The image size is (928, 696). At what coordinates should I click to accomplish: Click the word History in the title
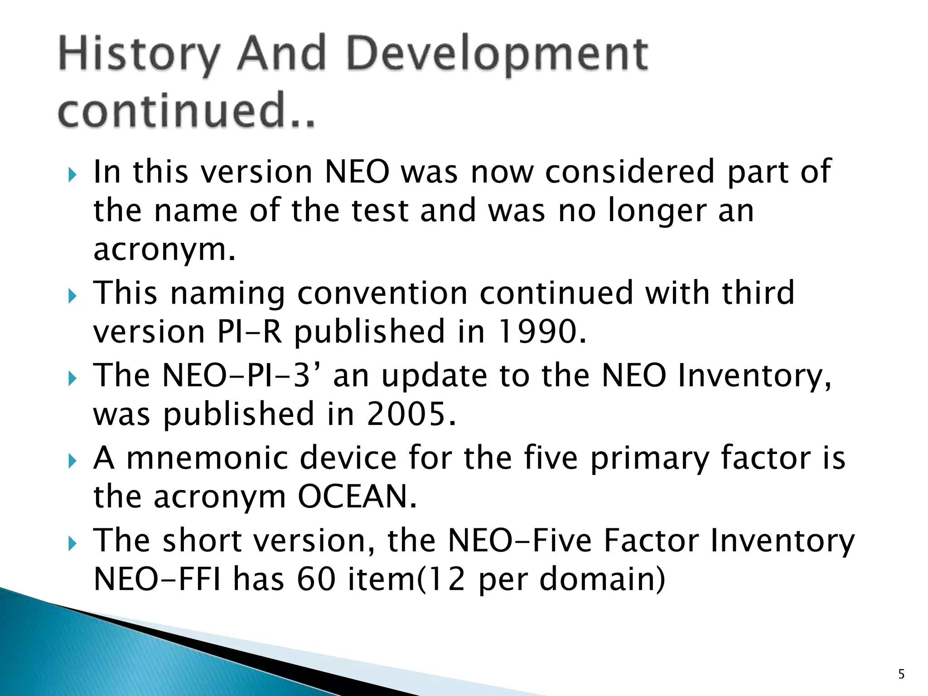(x=139, y=55)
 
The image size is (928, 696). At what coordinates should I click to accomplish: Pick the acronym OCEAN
(x=357, y=497)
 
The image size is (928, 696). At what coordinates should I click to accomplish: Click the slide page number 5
(x=901, y=675)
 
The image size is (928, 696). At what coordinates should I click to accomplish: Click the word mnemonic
(x=207, y=458)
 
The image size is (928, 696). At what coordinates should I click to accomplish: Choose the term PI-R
(x=250, y=332)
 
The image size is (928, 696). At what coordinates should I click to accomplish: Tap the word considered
(x=629, y=172)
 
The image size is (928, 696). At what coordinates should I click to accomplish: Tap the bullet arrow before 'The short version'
(x=72, y=544)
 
